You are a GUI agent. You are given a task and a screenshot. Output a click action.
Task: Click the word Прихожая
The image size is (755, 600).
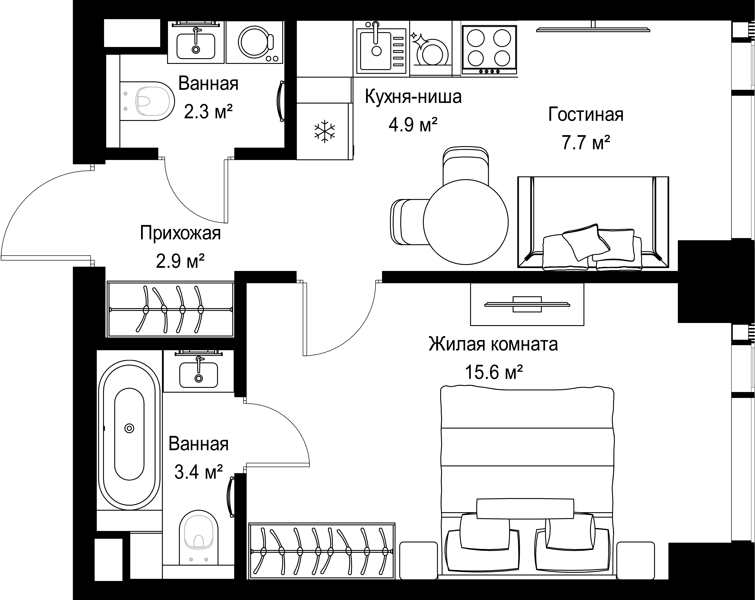[x=180, y=233]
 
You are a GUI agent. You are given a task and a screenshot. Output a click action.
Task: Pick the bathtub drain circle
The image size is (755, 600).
[x=129, y=428]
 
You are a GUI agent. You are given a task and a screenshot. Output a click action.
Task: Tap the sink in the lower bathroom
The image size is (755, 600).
[x=199, y=374]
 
